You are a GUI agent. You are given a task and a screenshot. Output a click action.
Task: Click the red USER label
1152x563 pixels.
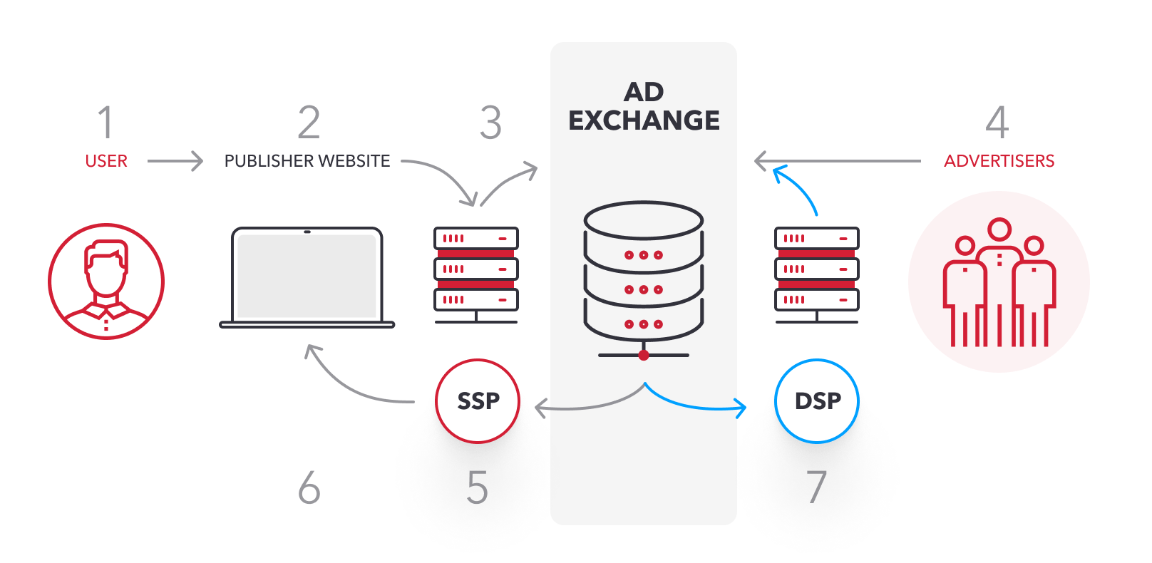[x=106, y=161]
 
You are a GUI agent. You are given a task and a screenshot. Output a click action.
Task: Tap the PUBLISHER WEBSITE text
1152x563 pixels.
[x=307, y=161]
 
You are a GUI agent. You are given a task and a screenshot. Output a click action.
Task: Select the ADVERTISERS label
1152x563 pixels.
[x=999, y=161]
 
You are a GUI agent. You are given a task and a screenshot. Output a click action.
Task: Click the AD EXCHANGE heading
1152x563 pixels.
[x=644, y=106]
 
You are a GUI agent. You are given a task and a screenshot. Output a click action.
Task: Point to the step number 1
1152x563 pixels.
[x=106, y=123]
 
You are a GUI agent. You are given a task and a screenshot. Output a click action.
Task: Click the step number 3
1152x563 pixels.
[x=490, y=123]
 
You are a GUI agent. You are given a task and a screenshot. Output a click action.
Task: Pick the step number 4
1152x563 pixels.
[x=997, y=123]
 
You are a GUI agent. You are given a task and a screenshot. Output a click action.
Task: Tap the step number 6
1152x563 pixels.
[x=309, y=488]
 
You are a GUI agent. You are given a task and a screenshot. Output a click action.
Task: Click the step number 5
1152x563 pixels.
[x=477, y=488]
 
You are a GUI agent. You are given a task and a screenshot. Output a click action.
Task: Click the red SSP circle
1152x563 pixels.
[x=478, y=401]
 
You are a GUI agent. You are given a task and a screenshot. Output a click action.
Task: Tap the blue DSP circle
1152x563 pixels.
[x=817, y=401]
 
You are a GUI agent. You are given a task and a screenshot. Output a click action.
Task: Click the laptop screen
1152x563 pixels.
[x=307, y=277]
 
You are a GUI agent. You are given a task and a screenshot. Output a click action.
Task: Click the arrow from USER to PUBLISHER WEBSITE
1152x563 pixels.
[x=175, y=161]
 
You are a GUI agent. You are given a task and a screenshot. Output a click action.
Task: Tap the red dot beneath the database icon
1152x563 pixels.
[x=644, y=355]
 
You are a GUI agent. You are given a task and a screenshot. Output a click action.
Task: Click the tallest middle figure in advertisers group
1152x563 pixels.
[x=999, y=278]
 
